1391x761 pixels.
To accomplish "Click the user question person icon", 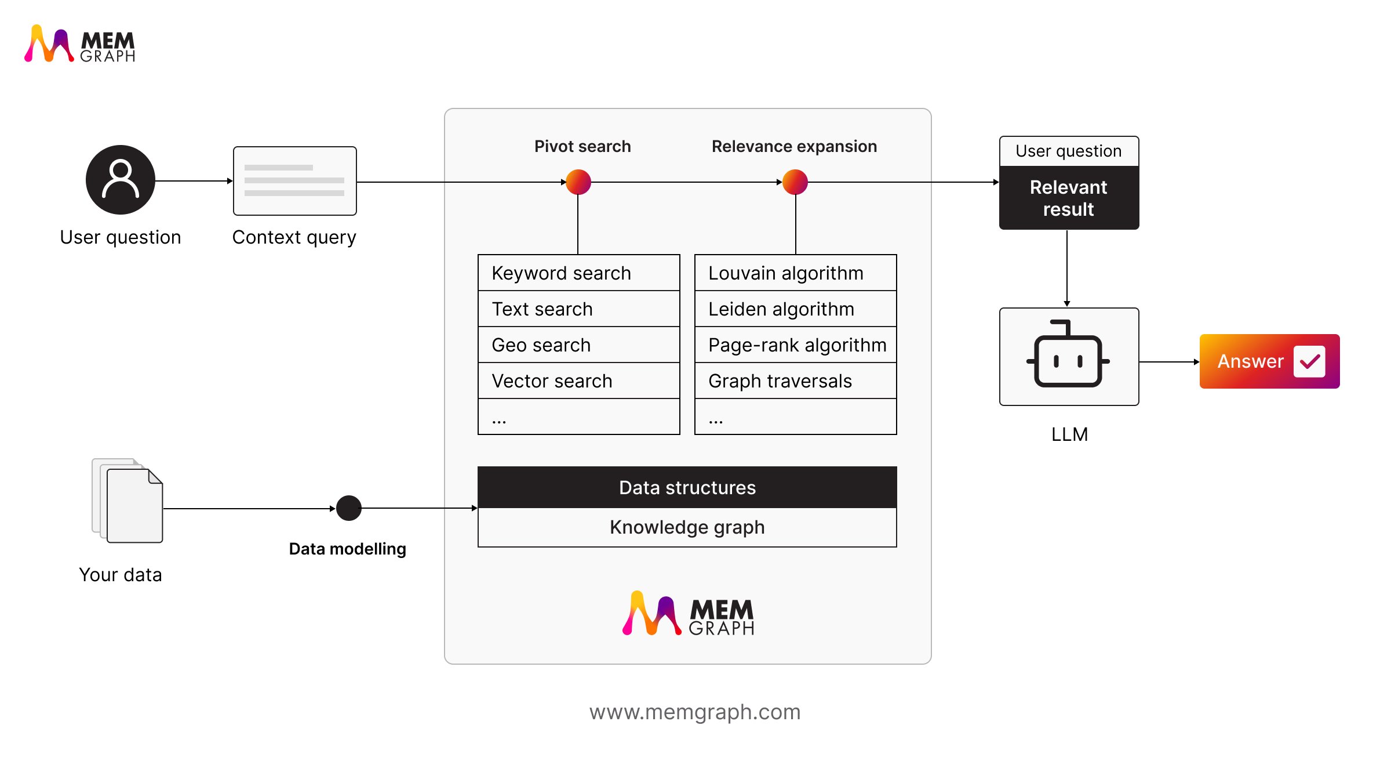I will click(121, 180).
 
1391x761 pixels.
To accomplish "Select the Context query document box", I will click(294, 181).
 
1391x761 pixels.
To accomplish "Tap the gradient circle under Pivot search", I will click(578, 182).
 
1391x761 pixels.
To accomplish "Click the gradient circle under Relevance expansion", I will click(795, 182).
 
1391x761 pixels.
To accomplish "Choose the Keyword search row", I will click(578, 273).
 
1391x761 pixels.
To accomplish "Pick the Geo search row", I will click(578, 345).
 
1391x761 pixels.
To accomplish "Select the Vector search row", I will click(578, 380).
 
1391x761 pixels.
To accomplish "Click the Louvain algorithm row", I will click(795, 273).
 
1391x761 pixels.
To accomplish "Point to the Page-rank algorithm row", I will click(795, 345).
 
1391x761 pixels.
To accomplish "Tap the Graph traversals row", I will click(795, 380).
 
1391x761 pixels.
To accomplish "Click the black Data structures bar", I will click(687, 487).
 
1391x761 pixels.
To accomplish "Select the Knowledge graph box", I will click(687, 527).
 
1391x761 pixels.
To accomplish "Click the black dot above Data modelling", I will click(349, 508).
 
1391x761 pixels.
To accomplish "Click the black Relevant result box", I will click(1069, 198).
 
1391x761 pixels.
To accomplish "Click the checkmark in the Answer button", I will click(1309, 361).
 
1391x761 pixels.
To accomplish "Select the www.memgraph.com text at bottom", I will click(695, 712).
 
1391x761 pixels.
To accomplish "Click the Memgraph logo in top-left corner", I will click(80, 44).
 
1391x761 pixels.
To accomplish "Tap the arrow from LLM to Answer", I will click(1168, 362).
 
